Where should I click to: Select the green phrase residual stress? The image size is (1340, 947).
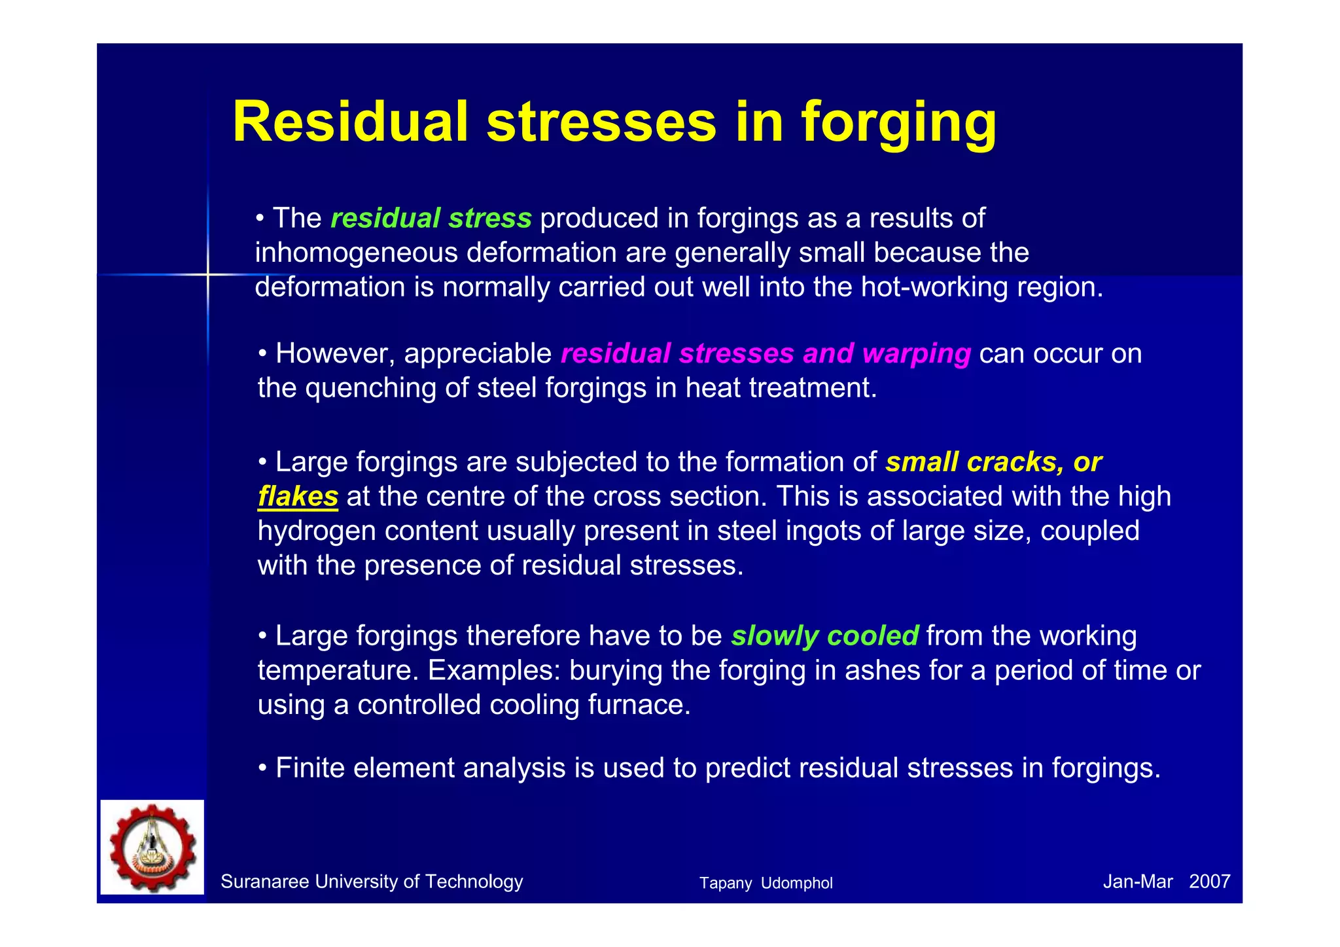431,218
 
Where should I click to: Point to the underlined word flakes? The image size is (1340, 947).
298,496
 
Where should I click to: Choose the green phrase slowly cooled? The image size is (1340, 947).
824,636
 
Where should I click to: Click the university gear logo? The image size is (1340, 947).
152,847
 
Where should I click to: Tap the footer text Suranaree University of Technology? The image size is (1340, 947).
372,882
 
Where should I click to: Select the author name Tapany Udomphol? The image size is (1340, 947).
766,883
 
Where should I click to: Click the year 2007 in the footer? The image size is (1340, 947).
1209,882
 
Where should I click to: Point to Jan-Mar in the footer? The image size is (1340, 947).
1137,882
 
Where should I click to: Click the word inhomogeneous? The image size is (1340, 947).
357,253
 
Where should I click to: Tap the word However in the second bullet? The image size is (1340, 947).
336,353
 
